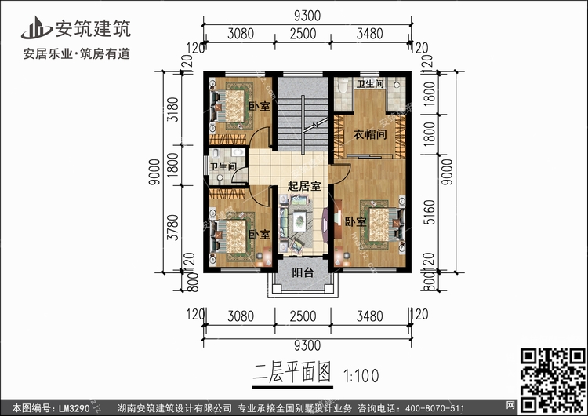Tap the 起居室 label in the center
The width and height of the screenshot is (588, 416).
point(303,186)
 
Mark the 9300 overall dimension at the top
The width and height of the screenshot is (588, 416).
point(307,16)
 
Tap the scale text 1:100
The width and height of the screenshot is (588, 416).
point(362,374)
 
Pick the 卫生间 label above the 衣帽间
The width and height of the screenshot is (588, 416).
point(369,84)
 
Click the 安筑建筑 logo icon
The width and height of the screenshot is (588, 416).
point(33,27)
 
